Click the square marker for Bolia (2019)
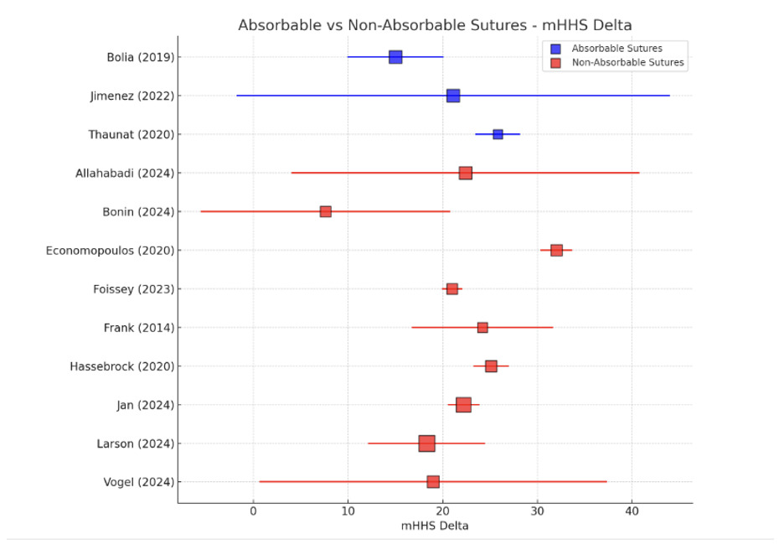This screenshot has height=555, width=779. pos(395,57)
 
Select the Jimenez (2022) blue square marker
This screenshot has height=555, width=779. pos(453,96)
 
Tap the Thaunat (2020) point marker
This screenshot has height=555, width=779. pos(498,134)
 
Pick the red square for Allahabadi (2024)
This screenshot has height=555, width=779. pos(466,173)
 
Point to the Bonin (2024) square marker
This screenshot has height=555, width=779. pos(326,211)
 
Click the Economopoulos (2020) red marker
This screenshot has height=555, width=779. pos(556,250)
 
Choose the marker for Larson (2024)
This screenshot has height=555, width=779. pos(426,443)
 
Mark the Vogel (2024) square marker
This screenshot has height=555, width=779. pos(433,482)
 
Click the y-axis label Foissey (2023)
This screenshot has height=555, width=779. pos(134,289)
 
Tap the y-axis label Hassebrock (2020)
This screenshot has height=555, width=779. pos(122,366)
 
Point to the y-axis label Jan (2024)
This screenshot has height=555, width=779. pos(146,405)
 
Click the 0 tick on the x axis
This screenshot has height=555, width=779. pos(253,511)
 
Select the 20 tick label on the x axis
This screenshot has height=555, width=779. pos(443,511)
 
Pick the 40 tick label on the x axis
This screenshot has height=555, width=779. pos(632,511)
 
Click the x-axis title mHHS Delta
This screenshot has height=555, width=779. pos(435,526)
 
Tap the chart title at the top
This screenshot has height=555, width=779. pos(435,25)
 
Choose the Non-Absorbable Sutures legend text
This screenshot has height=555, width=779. pos(628,63)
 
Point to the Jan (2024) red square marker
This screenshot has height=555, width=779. pos(463,405)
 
